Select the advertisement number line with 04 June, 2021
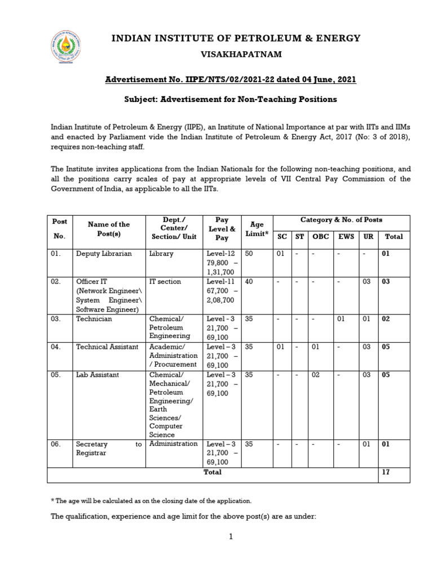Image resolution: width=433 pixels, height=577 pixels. coord(231,80)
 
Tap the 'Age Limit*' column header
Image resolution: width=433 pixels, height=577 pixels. coord(257,229)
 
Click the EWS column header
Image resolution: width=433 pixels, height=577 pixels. coord(346,237)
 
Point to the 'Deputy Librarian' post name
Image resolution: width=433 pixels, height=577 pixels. coord(104,254)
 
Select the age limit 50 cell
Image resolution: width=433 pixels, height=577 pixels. coord(249,254)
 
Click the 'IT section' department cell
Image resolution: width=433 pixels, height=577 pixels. coord(165,282)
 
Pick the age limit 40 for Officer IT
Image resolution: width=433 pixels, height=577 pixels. coord(249,282)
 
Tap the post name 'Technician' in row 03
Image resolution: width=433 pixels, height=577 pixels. coord(94,319)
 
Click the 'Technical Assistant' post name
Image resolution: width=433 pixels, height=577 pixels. coord(107,347)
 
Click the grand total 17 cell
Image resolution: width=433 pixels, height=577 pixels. coord(386,472)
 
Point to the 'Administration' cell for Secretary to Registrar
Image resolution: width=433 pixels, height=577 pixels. coord(174,444)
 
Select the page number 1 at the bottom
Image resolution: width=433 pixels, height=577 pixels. coord(231,537)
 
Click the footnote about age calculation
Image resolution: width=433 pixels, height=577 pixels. coord(151,501)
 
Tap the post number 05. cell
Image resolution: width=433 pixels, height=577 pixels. coord(55,375)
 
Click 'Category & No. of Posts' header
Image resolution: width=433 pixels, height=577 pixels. coord(341,220)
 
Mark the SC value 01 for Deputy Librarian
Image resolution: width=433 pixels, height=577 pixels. coord(280,254)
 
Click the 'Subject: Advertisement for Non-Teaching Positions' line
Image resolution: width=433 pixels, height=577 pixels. coord(231,99)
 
